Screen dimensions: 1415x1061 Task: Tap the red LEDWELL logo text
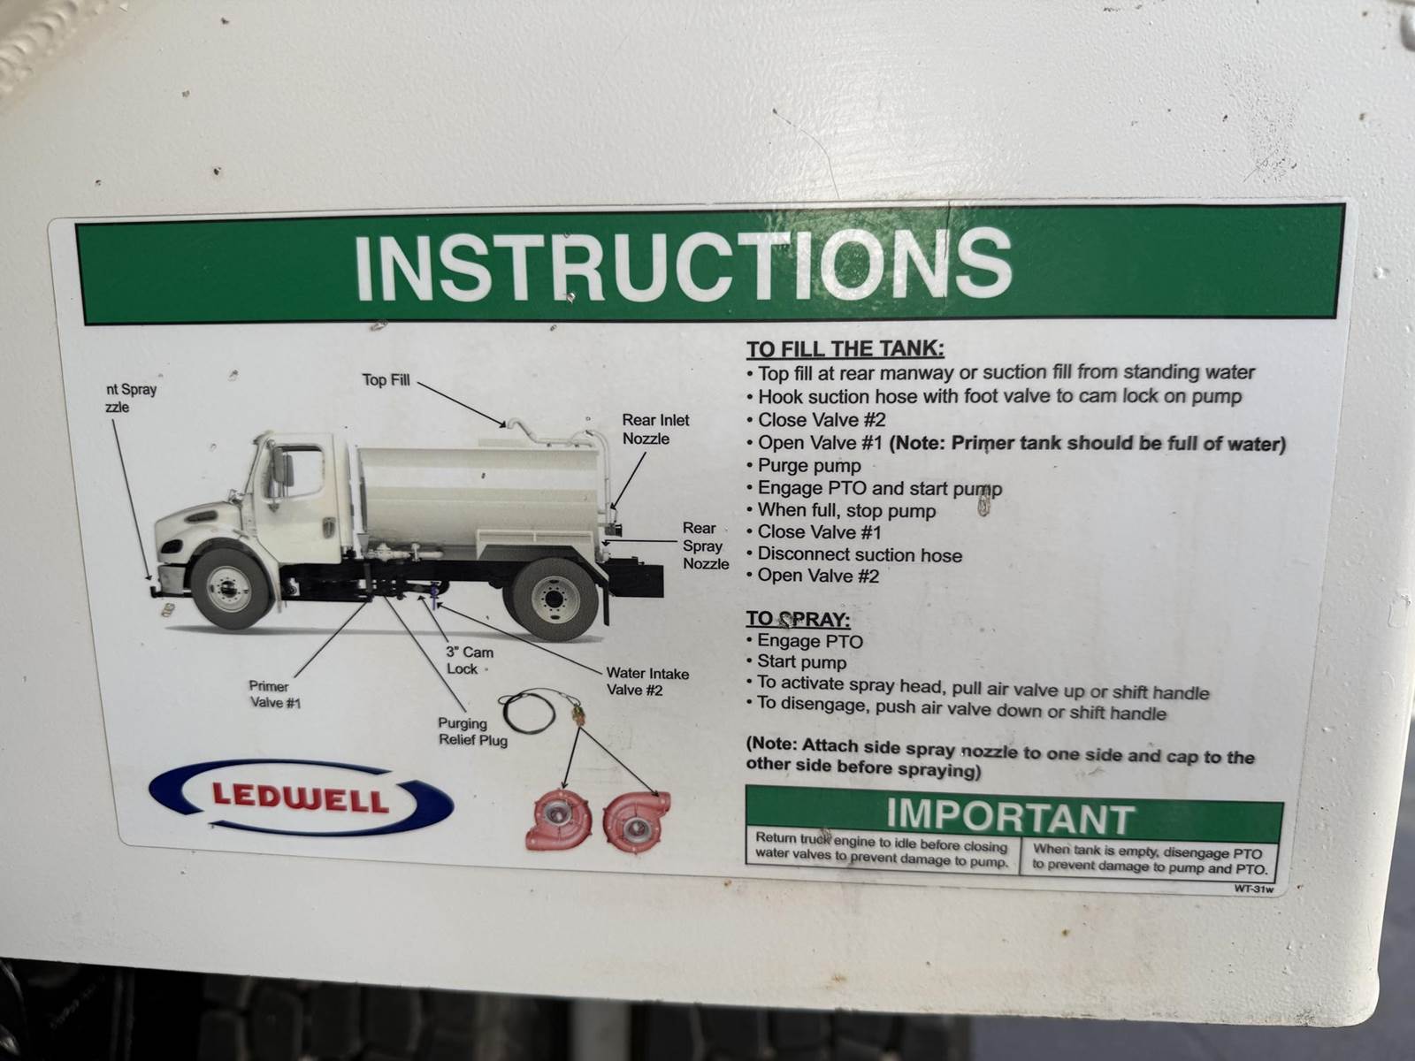click(x=301, y=798)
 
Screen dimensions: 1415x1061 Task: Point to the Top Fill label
click(x=386, y=380)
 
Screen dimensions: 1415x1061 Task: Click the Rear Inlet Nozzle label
click(x=655, y=429)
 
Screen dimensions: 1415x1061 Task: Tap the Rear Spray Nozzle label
click(x=705, y=546)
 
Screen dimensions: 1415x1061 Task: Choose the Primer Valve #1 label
click(x=274, y=694)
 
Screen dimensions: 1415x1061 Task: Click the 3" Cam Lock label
click(x=469, y=660)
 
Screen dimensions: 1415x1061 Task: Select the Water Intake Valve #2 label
click(x=646, y=682)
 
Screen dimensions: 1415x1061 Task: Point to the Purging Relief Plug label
click(x=472, y=732)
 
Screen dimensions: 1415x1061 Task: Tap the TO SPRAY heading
click(x=798, y=619)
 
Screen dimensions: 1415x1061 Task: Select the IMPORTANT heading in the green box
click(x=1010, y=815)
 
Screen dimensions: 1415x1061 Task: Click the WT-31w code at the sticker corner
click(x=1254, y=889)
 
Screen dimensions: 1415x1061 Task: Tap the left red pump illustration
click(x=558, y=822)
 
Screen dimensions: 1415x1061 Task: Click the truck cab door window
click(x=301, y=472)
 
